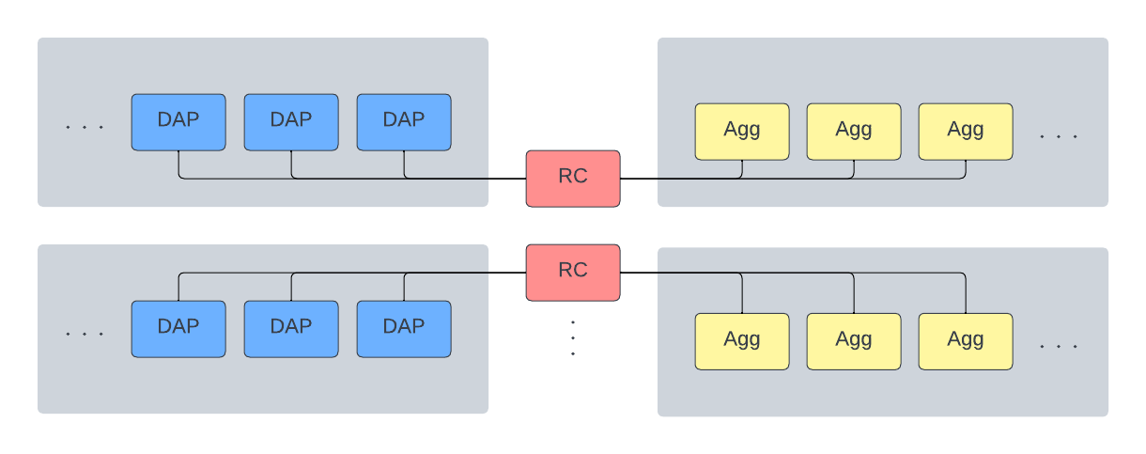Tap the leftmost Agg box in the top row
[x=742, y=132]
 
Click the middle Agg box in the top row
[x=854, y=132]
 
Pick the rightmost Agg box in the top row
[x=966, y=132]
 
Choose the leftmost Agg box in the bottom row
[x=742, y=341]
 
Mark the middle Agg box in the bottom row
[x=854, y=341]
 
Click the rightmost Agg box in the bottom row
[x=966, y=341]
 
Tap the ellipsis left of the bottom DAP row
[x=85, y=334]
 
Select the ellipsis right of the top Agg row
[x=1059, y=137]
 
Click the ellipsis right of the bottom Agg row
[x=1059, y=347]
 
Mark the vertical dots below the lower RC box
[x=573, y=338]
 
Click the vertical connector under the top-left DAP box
[x=178, y=164]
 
